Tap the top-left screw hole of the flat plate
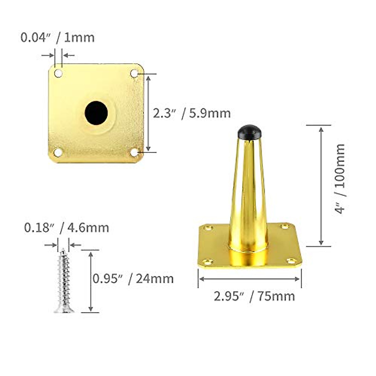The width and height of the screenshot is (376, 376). tap(58, 74)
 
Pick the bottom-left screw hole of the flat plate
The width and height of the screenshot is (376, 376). tap(58, 153)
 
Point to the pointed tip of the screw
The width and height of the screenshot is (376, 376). tap(63, 250)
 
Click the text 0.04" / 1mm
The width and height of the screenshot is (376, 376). tap(57, 38)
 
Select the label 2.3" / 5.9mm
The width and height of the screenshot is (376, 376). tap(191, 113)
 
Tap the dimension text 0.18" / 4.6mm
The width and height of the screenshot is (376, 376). tap(66, 228)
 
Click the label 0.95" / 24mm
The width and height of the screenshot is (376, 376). tap(133, 278)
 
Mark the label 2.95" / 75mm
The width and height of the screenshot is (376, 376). tap(254, 296)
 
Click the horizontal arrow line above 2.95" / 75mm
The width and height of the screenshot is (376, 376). tap(249, 279)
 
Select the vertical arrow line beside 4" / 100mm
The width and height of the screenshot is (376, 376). tap(321, 185)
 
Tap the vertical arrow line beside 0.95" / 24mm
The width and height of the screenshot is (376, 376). tap(91, 281)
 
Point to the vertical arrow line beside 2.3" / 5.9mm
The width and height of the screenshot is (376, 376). tap(149, 113)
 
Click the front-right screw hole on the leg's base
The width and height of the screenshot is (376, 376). tap(291, 260)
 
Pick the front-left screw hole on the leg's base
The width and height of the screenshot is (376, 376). tap(207, 261)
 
